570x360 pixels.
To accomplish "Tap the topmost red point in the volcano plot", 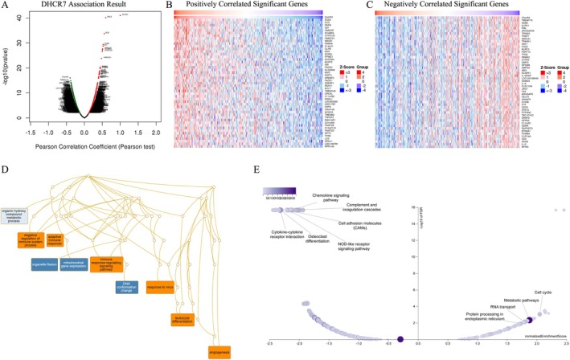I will point(121,14).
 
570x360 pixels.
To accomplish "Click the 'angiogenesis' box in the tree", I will point(217,351).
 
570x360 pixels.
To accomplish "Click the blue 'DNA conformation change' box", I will point(128,286).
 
